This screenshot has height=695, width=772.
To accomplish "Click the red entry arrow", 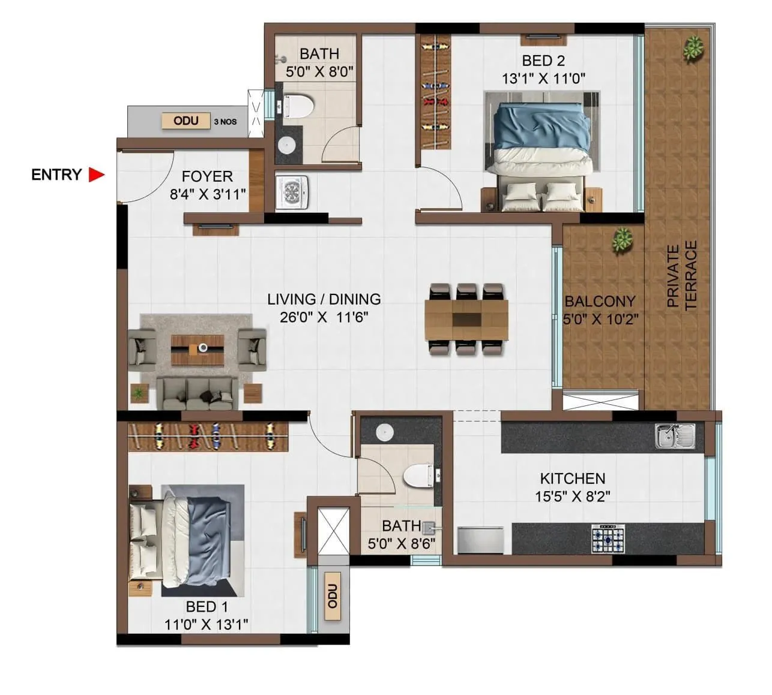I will pyautogui.click(x=96, y=174).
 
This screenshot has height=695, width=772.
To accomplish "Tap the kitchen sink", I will pyautogui.click(x=675, y=436).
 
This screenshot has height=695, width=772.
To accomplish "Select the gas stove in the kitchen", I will pyautogui.click(x=608, y=537).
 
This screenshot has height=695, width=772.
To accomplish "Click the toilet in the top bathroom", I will pyautogui.click(x=298, y=107).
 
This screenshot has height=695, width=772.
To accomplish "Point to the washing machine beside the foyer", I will pyautogui.click(x=292, y=192).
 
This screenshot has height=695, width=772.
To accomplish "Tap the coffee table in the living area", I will pyautogui.click(x=198, y=350).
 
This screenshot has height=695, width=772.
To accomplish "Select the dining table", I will pyautogui.click(x=466, y=320).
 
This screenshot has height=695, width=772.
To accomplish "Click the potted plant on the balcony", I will pyautogui.click(x=622, y=240).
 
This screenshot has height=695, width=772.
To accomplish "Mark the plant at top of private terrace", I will pyautogui.click(x=693, y=48).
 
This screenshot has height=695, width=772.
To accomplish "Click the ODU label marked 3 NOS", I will pyautogui.click(x=185, y=121).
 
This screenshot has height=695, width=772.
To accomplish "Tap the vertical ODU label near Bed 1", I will pyautogui.click(x=332, y=596).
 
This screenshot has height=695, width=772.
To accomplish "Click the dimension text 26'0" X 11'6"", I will pyautogui.click(x=324, y=317).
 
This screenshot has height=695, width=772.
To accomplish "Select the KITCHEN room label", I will pyautogui.click(x=572, y=479).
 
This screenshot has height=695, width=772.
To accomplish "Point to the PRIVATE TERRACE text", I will pyautogui.click(x=682, y=275).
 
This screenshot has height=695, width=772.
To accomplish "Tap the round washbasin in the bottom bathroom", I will pyautogui.click(x=384, y=431).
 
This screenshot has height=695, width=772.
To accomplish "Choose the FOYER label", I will pyautogui.click(x=207, y=176).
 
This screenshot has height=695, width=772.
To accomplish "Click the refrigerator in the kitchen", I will pyautogui.click(x=480, y=539).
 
